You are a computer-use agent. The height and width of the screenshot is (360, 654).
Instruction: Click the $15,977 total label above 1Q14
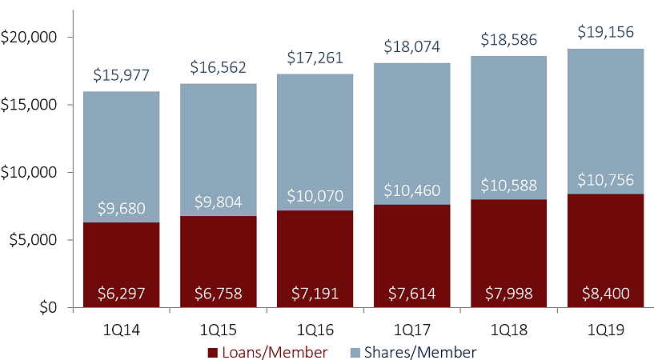122,76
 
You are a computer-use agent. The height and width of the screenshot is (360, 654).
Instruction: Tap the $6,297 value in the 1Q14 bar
122,294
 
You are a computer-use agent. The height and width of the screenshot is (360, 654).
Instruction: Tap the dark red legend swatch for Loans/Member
213,352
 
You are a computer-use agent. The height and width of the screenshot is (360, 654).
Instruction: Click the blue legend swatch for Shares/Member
355,352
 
